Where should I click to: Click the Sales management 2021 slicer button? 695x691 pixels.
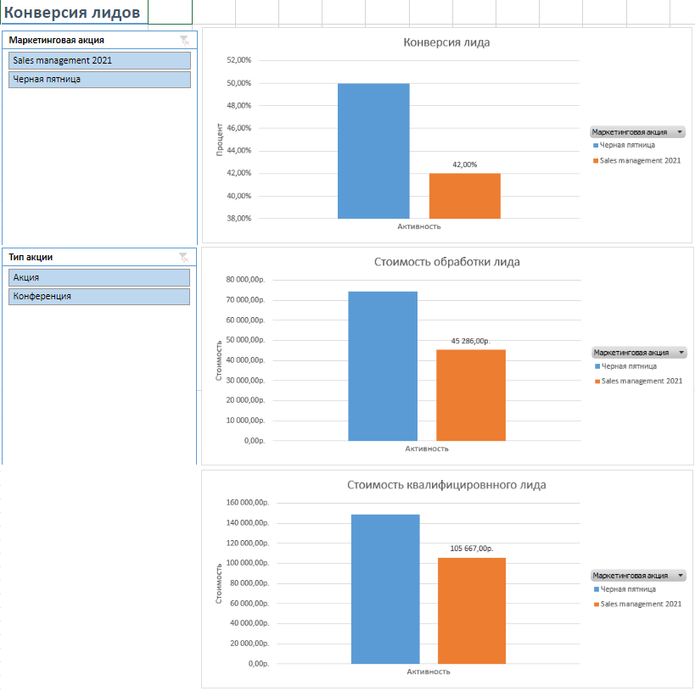coord(99,60)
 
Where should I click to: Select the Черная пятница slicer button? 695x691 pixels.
coord(99,79)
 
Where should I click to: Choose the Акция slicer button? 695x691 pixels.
coord(99,277)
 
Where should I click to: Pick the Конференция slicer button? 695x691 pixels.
coord(99,296)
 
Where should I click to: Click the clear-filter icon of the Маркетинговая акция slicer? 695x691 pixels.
coord(184,40)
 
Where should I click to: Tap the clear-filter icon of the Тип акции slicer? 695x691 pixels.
coord(184,257)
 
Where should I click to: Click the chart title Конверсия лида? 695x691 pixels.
coord(446,42)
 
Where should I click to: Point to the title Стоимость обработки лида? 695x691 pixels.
coord(446,262)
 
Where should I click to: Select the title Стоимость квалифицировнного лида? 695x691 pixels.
coord(446,485)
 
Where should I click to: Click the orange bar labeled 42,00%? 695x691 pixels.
coord(464,196)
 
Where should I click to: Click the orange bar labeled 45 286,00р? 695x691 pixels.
coord(471,395)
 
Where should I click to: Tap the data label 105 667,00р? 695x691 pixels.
coord(471,549)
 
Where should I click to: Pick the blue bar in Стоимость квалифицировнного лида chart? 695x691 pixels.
coord(385,589)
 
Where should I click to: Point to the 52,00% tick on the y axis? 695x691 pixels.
coord(238,60)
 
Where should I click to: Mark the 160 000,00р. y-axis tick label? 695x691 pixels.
coord(247,503)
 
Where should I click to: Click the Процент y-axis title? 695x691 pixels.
coord(219,139)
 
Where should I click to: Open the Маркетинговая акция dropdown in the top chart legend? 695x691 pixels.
coord(680,132)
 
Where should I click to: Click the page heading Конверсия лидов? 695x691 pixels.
coord(73,12)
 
